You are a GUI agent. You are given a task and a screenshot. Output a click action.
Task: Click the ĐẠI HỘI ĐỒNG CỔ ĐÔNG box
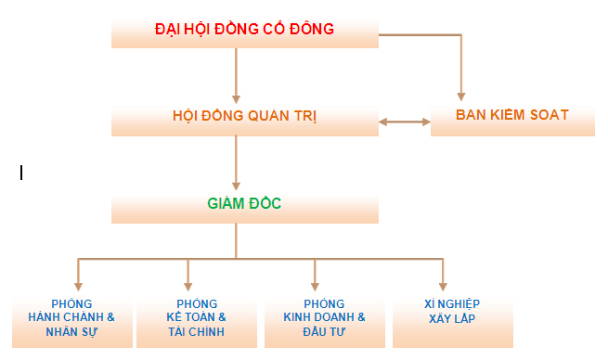(x=244, y=30)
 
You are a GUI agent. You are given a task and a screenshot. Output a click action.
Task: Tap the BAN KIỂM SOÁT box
(x=511, y=116)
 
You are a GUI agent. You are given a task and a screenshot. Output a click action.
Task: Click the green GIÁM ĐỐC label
(x=244, y=202)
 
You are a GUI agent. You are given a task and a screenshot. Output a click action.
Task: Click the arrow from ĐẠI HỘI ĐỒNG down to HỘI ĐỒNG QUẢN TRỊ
(x=237, y=74)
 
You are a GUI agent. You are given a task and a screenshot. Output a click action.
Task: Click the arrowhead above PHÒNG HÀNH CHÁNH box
(x=79, y=285)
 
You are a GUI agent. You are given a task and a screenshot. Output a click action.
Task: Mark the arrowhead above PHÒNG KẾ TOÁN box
(x=188, y=285)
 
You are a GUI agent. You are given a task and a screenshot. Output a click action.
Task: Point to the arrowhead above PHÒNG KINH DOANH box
(x=316, y=285)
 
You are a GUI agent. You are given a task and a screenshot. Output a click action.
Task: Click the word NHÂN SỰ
(x=71, y=331)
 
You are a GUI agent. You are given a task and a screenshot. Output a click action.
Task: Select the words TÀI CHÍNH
(x=197, y=331)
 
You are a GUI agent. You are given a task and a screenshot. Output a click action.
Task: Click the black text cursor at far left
(x=20, y=172)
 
